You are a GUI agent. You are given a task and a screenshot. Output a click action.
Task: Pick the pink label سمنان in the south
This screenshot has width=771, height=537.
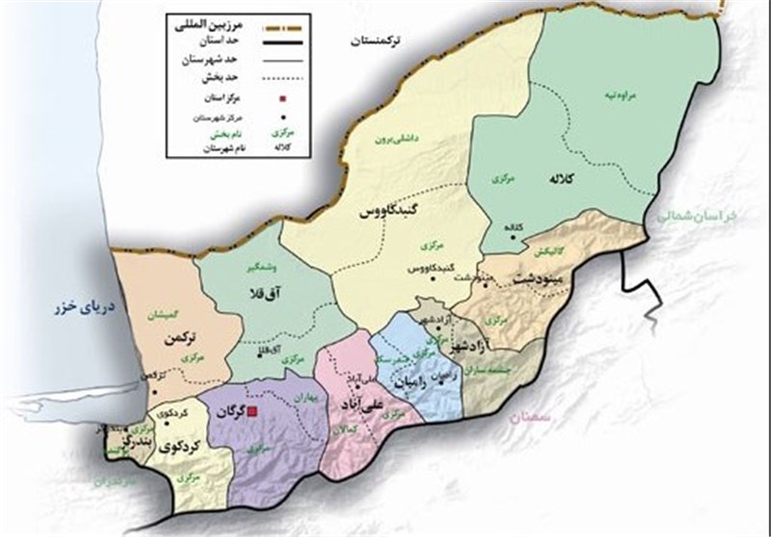pos(527,416)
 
